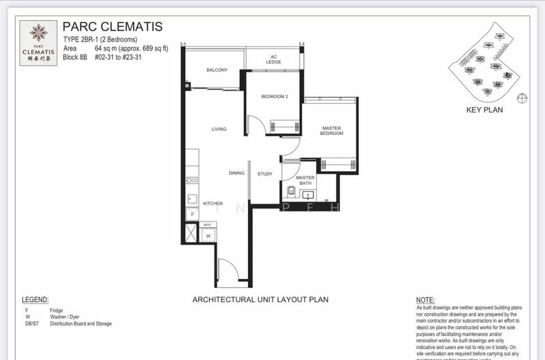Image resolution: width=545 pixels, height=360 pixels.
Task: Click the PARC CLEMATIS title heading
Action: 112,27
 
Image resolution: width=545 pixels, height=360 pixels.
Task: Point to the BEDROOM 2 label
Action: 275,97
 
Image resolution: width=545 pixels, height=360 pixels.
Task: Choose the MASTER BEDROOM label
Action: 331,130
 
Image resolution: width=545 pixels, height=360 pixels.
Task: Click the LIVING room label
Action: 219,129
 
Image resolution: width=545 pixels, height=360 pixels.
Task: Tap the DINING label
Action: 236,173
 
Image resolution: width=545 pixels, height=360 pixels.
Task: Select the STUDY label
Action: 265,174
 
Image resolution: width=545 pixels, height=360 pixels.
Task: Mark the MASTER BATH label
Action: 305,180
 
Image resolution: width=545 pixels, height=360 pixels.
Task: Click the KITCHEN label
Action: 213,204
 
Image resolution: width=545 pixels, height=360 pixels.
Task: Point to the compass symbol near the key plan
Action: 523,98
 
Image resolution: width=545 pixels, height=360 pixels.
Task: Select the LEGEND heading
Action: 35,300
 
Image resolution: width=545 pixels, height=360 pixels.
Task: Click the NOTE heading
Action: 425,300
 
